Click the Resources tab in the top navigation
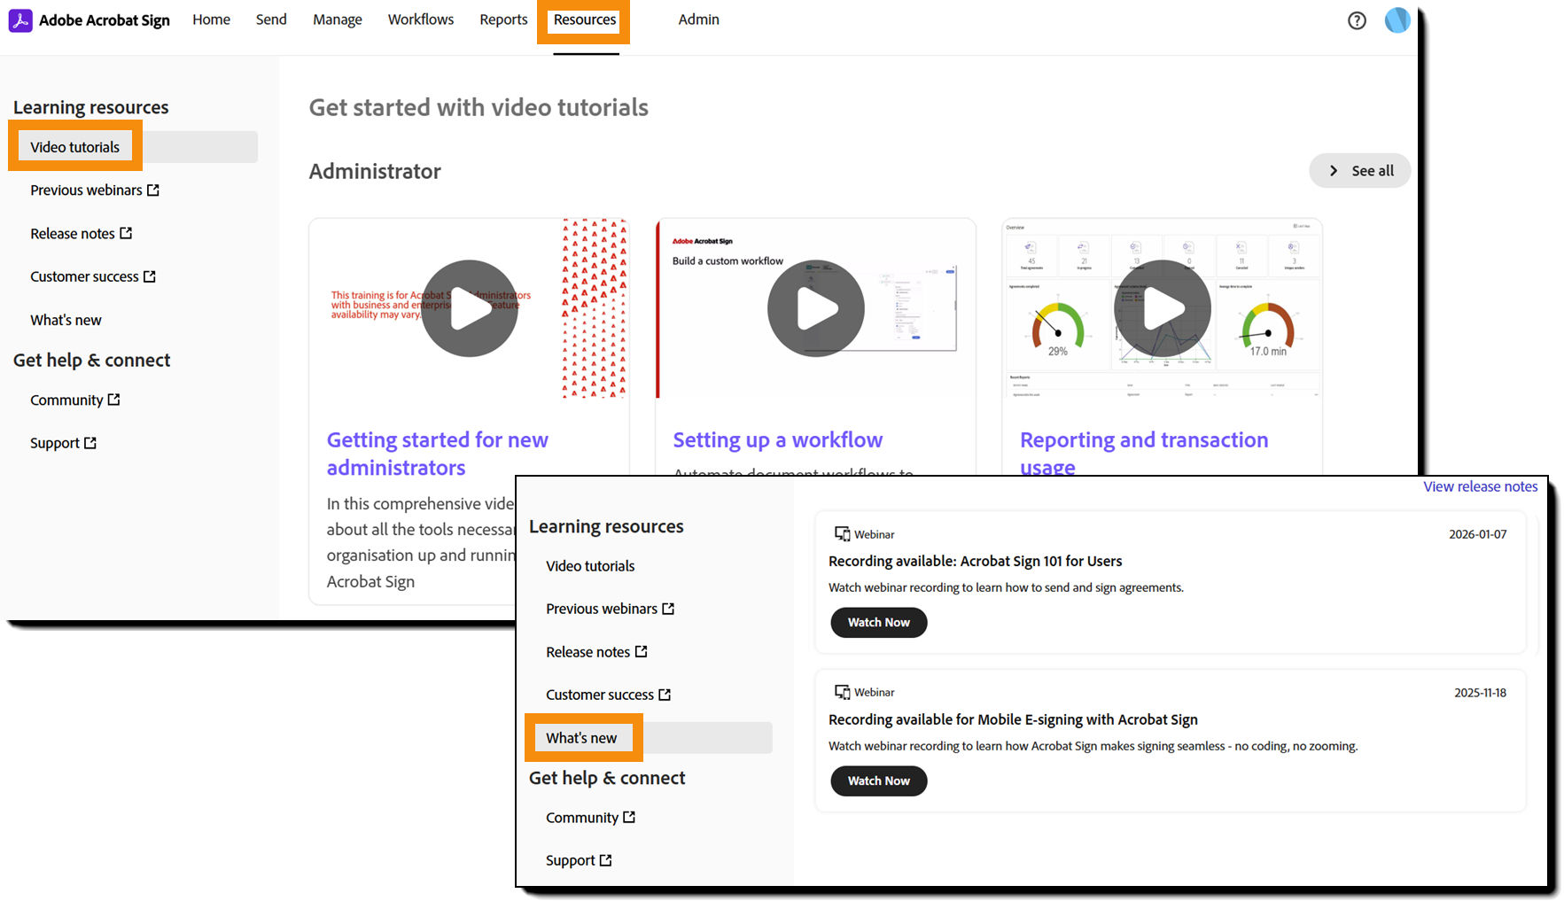[584, 19]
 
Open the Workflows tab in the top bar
[420, 19]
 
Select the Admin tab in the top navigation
[698, 19]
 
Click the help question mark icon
[1356, 20]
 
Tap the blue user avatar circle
[1397, 19]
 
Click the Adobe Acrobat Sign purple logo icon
[20, 20]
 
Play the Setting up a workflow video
[815, 308]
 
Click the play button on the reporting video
[1162, 308]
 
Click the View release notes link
[1480, 486]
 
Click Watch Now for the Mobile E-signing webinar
[878, 781]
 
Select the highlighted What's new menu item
[581, 738]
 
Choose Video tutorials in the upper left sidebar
[74, 147]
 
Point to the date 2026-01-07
[1477, 534]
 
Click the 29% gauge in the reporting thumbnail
[1057, 330]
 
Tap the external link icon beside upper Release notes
[126, 233]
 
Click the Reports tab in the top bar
[503, 19]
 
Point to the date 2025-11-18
[1480, 693]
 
